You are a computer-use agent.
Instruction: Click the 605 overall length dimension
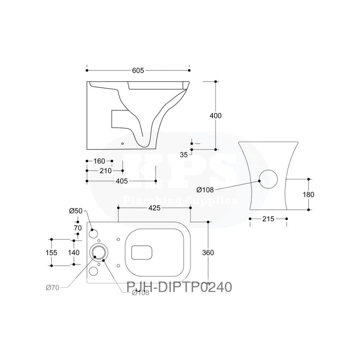[x=138, y=71]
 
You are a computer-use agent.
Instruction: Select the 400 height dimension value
[x=216, y=116]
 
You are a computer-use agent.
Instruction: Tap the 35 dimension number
[x=184, y=155]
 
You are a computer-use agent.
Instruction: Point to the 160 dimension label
[x=99, y=161]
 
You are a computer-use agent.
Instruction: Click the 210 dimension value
[x=105, y=171]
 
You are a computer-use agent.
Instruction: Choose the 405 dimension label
[x=122, y=181]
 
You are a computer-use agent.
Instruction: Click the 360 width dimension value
[x=208, y=253]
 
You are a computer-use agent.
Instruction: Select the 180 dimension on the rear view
[x=309, y=194]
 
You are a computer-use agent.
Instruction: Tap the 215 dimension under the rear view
[x=268, y=219]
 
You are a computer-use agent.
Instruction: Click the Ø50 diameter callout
[x=76, y=211]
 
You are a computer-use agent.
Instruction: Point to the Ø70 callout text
[x=53, y=287]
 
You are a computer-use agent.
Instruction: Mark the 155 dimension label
[x=51, y=252]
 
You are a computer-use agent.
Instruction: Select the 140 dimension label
[x=73, y=252]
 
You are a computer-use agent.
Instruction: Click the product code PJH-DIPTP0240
[x=179, y=287]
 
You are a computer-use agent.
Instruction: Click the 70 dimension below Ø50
[x=77, y=228]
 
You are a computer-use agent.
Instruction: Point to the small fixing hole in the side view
[x=122, y=144]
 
